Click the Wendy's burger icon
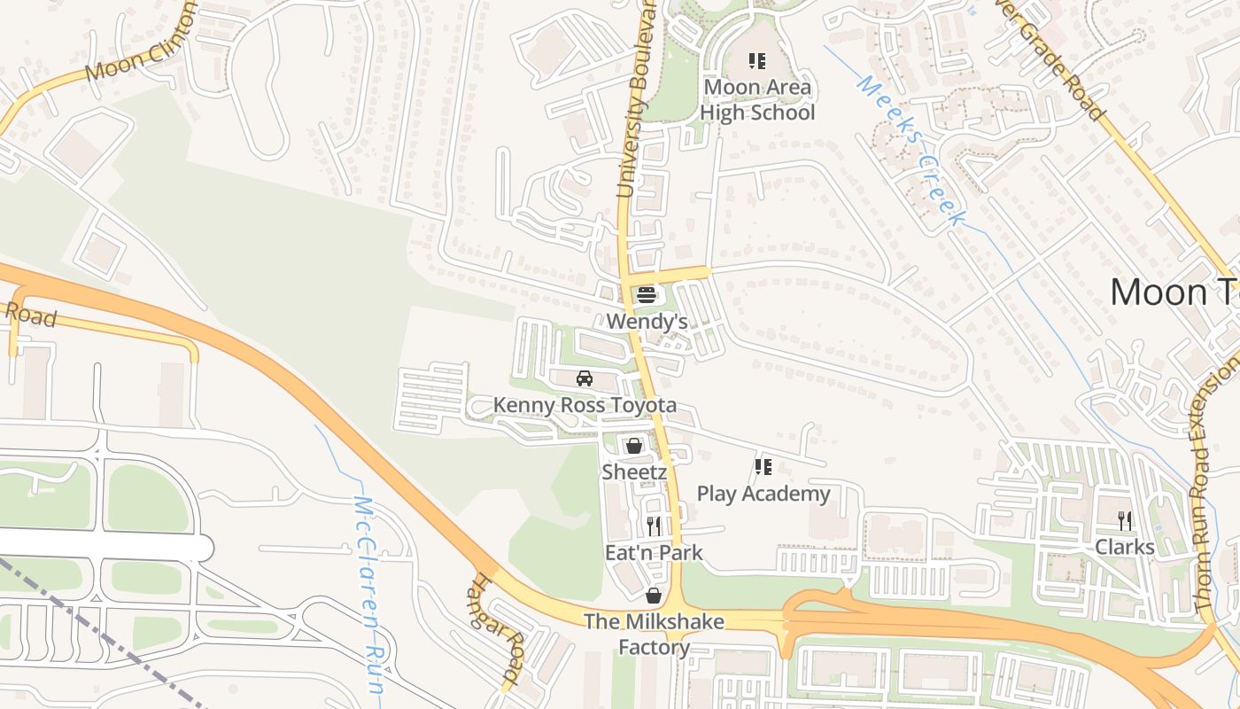(x=647, y=295)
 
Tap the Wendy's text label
(x=647, y=321)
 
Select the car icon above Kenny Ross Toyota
(x=585, y=378)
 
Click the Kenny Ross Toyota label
(x=585, y=405)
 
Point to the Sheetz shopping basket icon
(x=633, y=445)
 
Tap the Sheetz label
(x=634, y=471)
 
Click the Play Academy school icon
(x=763, y=466)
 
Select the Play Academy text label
(x=763, y=494)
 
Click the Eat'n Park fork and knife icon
(x=654, y=526)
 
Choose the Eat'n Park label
(x=654, y=553)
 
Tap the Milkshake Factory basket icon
(x=654, y=596)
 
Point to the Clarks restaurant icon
(x=1125, y=520)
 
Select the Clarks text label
(x=1125, y=547)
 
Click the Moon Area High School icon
(x=757, y=61)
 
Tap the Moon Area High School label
(x=757, y=100)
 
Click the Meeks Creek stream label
(x=909, y=151)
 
